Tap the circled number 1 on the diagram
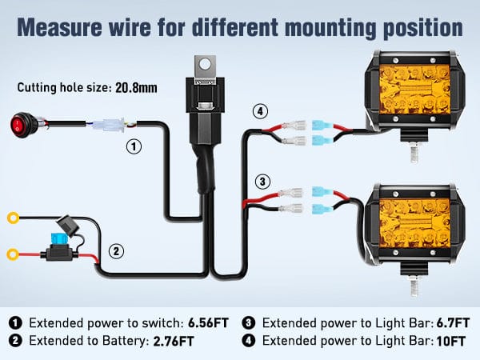point(134,147)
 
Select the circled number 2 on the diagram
point(117,251)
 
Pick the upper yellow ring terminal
point(12,217)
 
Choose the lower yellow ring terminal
point(12,255)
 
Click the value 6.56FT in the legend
point(208,323)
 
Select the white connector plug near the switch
point(106,126)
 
